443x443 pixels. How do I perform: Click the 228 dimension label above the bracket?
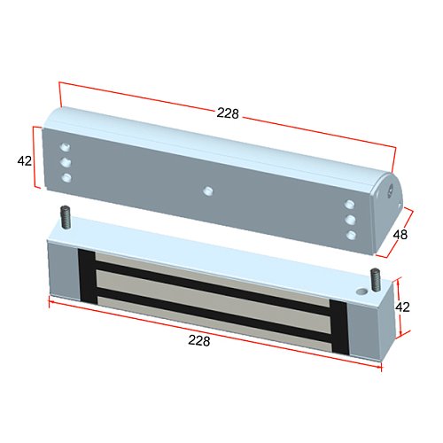pos(228,113)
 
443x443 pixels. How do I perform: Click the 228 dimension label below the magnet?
pos(199,340)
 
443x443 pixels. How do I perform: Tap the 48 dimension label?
pos(400,235)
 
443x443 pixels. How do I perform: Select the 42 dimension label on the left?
pos(25,161)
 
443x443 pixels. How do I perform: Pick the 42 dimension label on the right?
pos(402,307)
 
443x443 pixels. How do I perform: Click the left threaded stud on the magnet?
pos(66,217)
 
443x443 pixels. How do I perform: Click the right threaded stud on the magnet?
pos(376,280)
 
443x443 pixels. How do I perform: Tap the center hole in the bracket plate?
pos(208,190)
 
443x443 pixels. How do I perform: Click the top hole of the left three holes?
pos(66,147)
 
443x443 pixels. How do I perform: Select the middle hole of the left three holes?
pos(66,162)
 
